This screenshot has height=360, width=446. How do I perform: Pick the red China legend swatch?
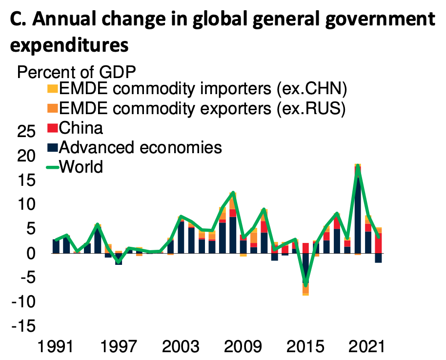52,128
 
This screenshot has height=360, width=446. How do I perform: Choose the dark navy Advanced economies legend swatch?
52,147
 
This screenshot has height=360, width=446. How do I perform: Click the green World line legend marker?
52,167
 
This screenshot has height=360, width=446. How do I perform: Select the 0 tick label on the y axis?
31,253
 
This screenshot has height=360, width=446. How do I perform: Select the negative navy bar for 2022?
378,258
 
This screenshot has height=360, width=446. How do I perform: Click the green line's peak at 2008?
233,193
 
